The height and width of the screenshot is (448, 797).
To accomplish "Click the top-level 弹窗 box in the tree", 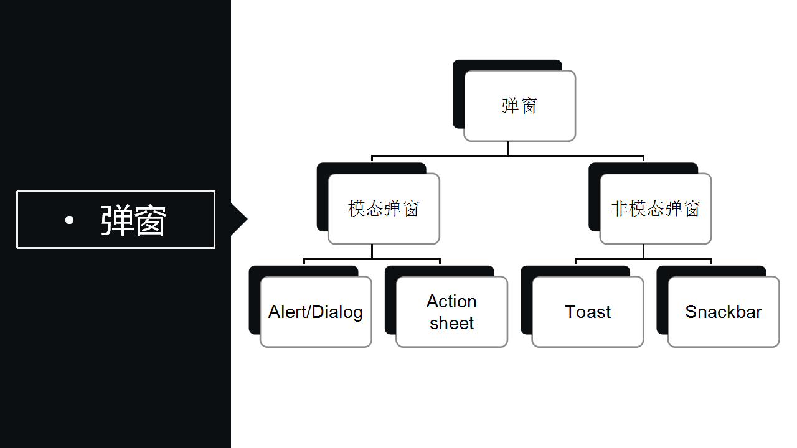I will coord(519,106).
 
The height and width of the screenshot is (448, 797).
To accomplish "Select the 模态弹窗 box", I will coord(384,208).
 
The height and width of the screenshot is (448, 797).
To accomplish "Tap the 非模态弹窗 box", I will coord(655,208).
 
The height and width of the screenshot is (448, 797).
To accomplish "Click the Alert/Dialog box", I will coord(316,312).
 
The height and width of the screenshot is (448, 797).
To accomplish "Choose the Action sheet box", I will coord(451,312).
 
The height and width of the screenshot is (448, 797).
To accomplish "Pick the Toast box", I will coord(588,312).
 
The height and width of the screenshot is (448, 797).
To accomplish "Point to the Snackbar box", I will coord(724,312).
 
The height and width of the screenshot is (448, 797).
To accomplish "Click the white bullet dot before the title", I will coord(69,220).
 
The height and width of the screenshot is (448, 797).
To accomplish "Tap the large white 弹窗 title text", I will coord(133,220).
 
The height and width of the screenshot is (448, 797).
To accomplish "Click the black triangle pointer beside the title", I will coord(238,219).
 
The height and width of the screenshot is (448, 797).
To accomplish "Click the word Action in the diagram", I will coord(451,301).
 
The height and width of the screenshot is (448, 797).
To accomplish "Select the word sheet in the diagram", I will coord(451,323).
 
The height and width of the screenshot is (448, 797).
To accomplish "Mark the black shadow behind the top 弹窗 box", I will coord(458,93).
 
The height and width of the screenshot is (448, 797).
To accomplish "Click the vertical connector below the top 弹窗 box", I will coord(507,148).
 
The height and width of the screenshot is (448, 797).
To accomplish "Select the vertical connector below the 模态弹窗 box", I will coord(372,251).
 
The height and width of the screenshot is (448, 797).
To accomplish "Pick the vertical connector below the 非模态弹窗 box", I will coord(643,251).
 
